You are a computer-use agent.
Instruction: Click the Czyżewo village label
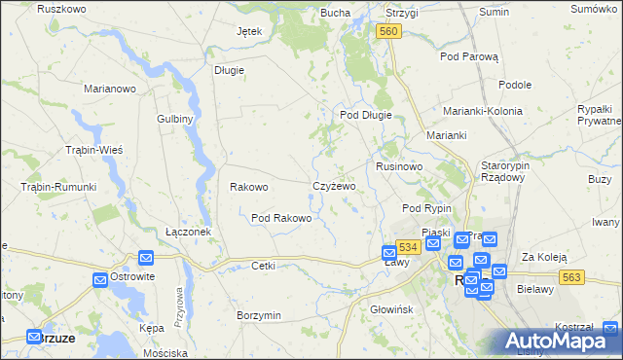pyautogui.click(x=334, y=186)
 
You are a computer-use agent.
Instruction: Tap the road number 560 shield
pyautogui.click(x=388, y=32)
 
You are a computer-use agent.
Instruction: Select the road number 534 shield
pyautogui.click(x=409, y=248)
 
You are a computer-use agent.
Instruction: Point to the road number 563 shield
pyautogui.click(x=571, y=277)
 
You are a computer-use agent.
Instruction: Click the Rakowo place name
pyautogui.click(x=248, y=187)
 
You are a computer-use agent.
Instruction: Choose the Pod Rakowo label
pyautogui.click(x=281, y=218)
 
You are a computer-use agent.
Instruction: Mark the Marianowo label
pyautogui.click(x=110, y=88)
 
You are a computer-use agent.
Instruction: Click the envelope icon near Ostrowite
pyautogui.click(x=101, y=280)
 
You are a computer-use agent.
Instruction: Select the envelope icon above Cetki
pyautogui.click(x=146, y=258)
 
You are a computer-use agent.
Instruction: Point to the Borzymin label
pyautogui.click(x=259, y=316)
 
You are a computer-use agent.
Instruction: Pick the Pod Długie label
pyautogui.click(x=365, y=115)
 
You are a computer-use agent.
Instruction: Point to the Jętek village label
pyautogui.click(x=249, y=31)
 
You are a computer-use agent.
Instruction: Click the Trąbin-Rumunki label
pyautogui.click(x=58, y=187)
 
